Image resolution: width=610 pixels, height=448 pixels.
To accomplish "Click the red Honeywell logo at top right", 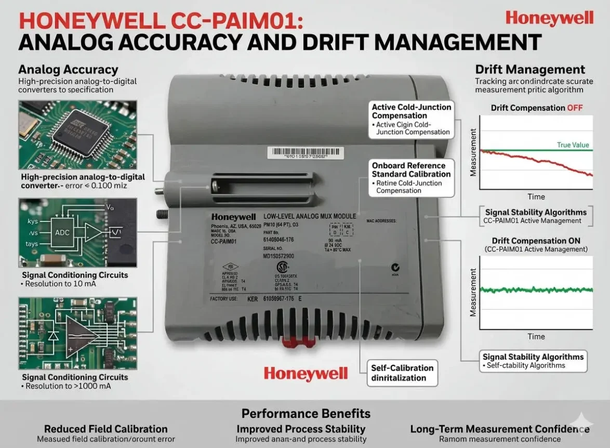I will point(549,18).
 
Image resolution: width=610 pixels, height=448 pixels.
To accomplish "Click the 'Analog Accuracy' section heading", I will point(68,69).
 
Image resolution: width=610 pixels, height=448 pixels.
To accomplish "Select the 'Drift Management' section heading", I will point(530,69).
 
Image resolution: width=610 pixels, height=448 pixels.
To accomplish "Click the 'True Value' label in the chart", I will point(573,145).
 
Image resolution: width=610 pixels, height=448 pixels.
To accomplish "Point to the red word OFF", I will point(575,108).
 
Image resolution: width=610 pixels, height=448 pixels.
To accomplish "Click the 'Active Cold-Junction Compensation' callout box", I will point(411,120).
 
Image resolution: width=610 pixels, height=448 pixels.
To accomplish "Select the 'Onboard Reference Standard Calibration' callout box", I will point(411,178).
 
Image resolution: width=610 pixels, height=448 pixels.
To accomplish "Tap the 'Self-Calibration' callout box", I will point(402,373).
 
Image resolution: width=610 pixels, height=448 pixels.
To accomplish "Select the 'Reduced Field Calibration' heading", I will point(105,429).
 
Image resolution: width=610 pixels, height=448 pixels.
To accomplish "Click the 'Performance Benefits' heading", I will point(306,413).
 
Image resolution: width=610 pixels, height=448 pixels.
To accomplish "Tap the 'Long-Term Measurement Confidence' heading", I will point(499,429).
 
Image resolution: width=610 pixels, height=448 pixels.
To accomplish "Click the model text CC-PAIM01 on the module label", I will point(224,242).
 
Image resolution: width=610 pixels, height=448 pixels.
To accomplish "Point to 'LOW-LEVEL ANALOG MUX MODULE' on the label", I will point(310,216).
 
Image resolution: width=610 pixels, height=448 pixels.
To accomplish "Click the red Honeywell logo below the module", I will point(304,373).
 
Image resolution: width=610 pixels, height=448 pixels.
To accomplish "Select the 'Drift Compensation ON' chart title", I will point(536,241).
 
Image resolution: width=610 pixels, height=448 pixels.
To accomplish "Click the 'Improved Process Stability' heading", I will point(301,429).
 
